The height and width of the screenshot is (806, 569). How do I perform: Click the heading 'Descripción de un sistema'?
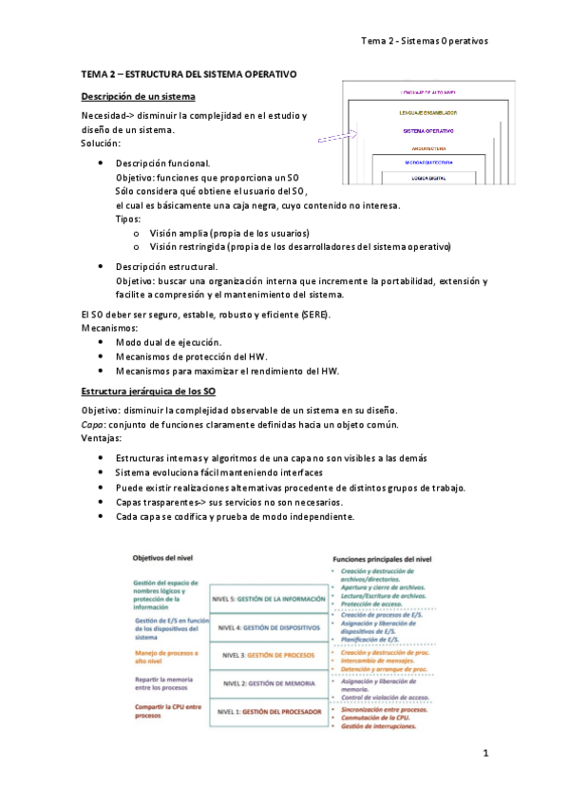138,97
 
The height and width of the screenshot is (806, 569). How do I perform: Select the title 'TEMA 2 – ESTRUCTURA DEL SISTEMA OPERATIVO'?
189,73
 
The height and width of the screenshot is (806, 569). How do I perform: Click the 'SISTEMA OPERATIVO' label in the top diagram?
427,130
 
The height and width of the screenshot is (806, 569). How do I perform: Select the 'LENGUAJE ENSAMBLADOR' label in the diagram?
427,113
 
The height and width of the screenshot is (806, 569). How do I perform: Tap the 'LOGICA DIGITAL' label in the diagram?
428,177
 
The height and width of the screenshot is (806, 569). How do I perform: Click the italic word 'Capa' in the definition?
91,424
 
